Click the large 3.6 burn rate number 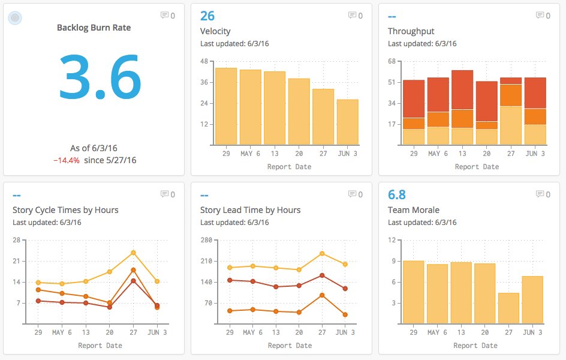[x=100, y=77]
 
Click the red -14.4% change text [x=67, y=160]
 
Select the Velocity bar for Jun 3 [x=347, y=122]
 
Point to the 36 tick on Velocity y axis [x=204, y=82]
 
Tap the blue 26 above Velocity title [x=207, y=16]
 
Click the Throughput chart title [x=411, y=31]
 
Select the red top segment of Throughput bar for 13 [x=462, y=89]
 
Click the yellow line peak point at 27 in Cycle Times [x=133, y=253]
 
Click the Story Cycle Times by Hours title [x=65, y=210]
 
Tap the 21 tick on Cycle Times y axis [x=16, y=261]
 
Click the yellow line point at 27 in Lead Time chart [x=322, y=253]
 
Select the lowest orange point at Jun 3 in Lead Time [x=345, y=314]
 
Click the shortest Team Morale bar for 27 [x=508, y=308]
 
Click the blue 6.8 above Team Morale [x=396, y=194]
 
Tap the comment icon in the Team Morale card [x=539, y=194]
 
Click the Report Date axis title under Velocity [x=289, y=167]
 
